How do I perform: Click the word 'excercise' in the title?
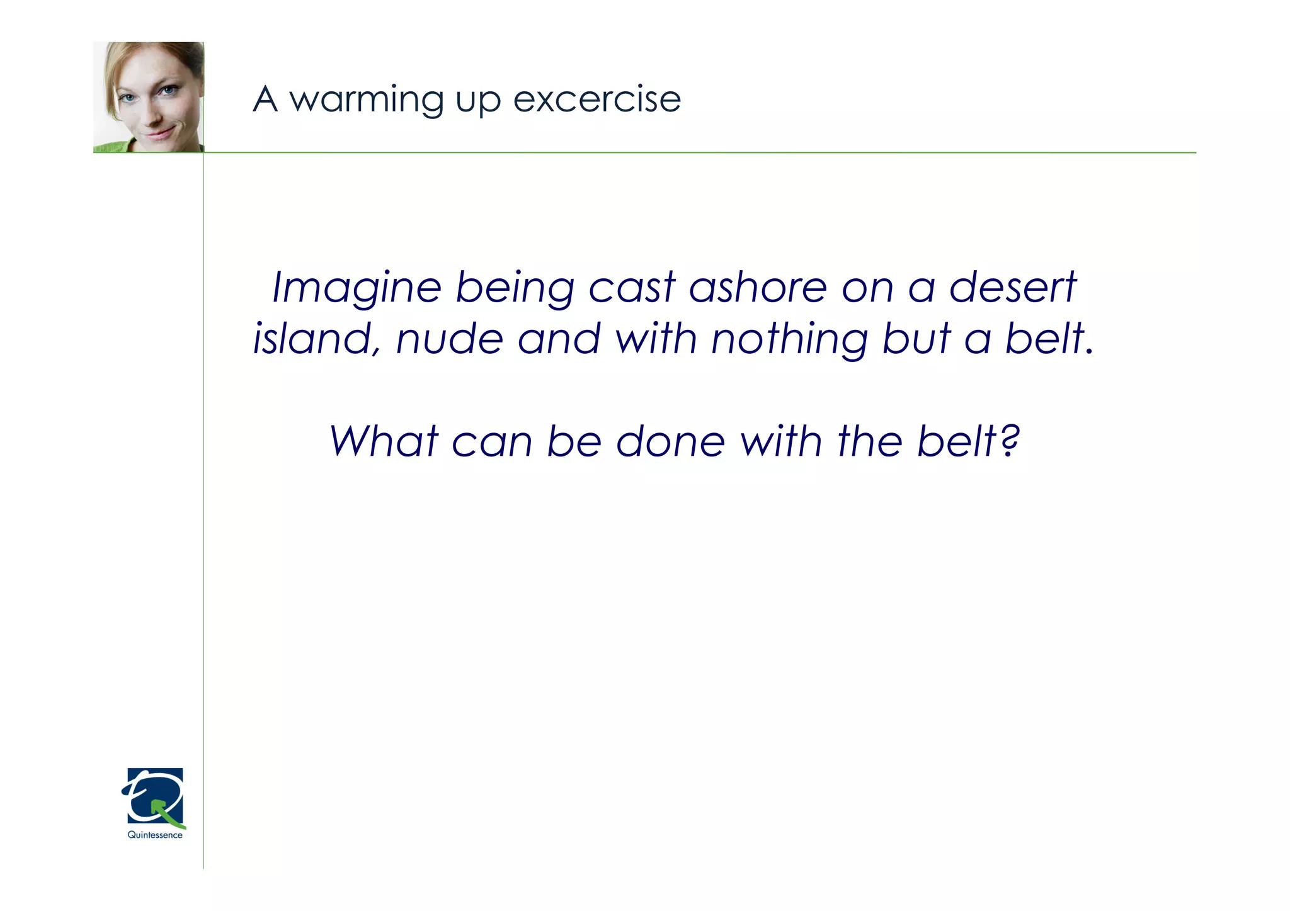596,99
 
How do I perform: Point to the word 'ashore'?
758,288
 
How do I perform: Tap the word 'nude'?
449,339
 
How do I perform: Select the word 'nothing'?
789,341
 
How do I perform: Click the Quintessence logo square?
155,796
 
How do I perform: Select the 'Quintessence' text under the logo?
155,835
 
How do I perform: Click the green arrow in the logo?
168,813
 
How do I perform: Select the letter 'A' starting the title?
265,99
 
